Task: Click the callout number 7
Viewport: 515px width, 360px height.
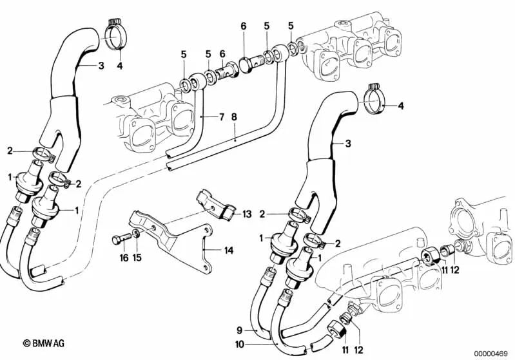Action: (220, 117)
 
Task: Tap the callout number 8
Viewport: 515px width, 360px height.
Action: (234, 117)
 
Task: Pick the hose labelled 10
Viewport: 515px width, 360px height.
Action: (284, 335)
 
